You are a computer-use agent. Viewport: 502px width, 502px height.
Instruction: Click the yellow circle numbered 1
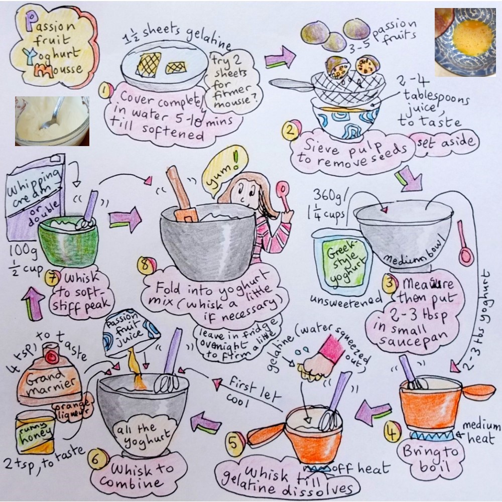pyautogui.click(x=104, y=91)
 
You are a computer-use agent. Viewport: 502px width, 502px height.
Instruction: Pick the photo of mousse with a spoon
pyautogui.click(x=52, y=120)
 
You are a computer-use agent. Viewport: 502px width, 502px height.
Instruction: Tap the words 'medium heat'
pyautogui.click(x=481, y=433)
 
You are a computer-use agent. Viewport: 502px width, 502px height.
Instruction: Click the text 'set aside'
pyautogui.click(x=443, y=144)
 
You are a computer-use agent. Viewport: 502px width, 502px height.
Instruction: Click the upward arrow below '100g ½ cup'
pyautogui.click(x=32, y=304)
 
